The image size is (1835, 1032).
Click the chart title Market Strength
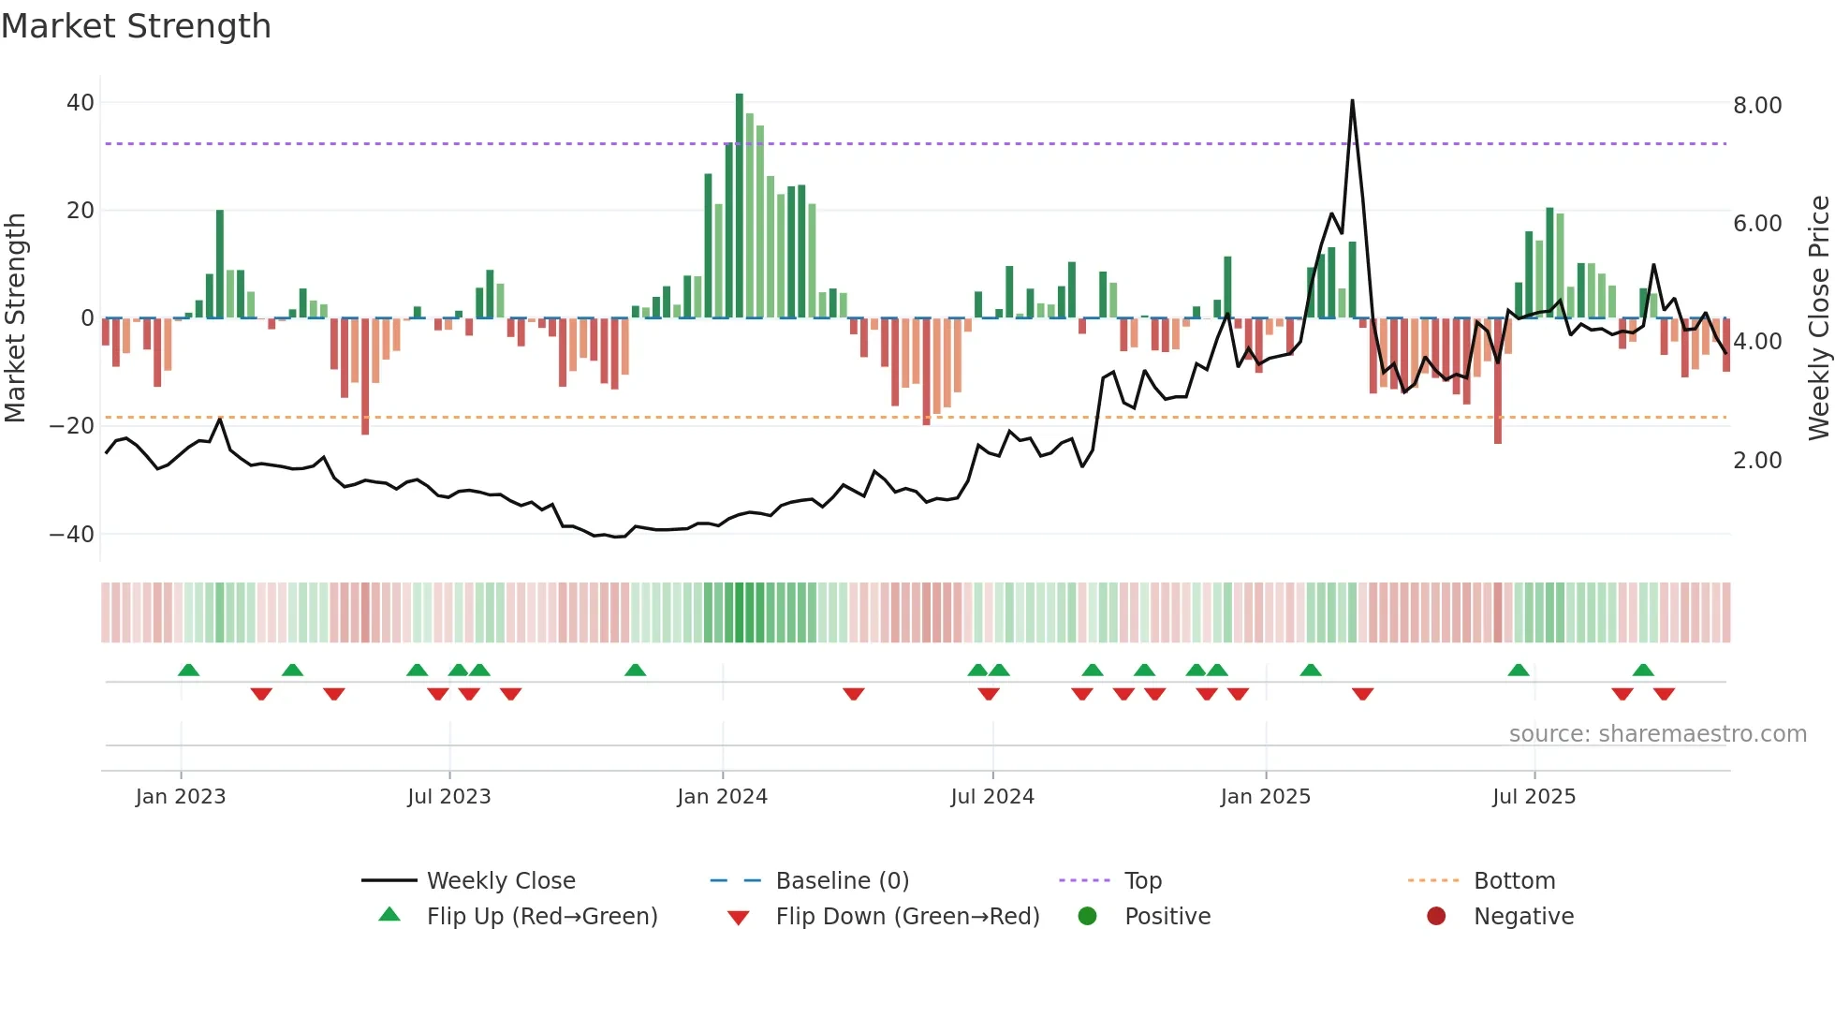(136, 26)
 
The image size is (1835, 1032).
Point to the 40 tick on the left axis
(81, 103)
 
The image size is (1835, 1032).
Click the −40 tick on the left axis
(72, 535)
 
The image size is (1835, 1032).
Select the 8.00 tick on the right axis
(1757, 106)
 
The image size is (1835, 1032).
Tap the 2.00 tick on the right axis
(1757, 461)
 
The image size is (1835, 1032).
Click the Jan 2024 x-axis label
(722, 797)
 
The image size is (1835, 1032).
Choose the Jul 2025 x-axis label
(1534, 797)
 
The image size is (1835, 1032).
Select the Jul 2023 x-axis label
(448, 797)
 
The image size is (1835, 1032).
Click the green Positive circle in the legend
(1087, 917)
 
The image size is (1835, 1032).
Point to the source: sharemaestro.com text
(1657, 734)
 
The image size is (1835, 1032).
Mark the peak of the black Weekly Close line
(1352, 101)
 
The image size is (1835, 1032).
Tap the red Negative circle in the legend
(1436, 917)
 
